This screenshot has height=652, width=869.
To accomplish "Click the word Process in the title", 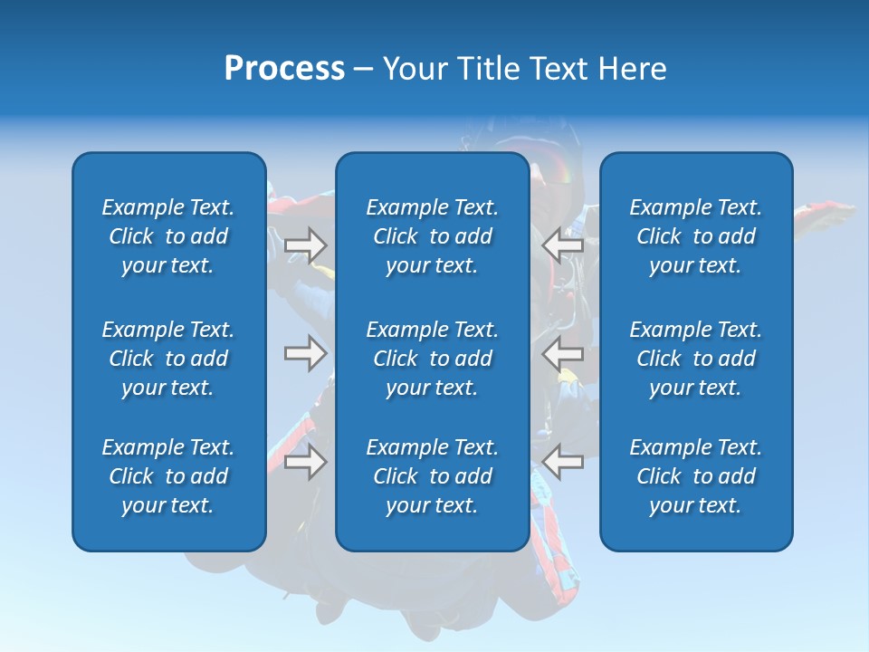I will (x=284, y=69).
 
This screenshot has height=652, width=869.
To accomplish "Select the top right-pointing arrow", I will (x=306, y=245).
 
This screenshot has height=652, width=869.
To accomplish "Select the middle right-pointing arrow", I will (x=306, y=352).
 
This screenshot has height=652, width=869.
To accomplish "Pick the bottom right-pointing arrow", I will (x=306, y=462).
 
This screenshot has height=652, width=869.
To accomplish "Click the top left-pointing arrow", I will (x=562, y=245).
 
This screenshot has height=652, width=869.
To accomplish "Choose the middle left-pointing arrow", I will (x=562, y=352).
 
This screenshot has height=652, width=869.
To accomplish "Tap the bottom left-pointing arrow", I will (x=562, y=462).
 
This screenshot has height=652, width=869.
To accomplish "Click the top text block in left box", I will (x=168, y=236).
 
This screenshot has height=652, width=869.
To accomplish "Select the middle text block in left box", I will (x=168, y=359).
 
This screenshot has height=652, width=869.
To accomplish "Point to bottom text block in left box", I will (x=168, y=476).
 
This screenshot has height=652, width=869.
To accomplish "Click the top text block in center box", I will (x=433, y=236).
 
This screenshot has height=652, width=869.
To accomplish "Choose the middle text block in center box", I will (x=433, y=359).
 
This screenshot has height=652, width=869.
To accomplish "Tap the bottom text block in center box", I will (x=433, y=476).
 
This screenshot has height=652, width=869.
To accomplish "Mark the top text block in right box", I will (x=696, y=236).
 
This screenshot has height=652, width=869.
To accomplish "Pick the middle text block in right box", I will (x=696, y=359).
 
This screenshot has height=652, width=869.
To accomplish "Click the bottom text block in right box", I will (x=696, y=476).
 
